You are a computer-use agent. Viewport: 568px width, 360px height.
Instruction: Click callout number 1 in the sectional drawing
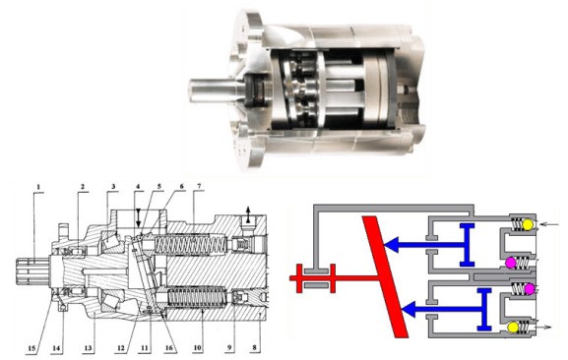click(38, 187)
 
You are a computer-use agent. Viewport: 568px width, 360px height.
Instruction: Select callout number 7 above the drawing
click(199, 187)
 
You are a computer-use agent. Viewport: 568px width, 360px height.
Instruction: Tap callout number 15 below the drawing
click(32, 348)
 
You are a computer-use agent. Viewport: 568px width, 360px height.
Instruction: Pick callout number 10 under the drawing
click(197, 348)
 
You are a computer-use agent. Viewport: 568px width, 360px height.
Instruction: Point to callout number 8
click(254, 348)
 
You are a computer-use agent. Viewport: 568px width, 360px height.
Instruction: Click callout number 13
click(89, 348)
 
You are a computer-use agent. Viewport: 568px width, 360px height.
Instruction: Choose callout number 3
click(113, 187)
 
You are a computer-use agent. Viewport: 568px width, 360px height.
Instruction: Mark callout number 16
click(168, 348)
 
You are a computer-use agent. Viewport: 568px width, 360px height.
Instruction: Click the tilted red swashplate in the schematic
click(386, 276)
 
